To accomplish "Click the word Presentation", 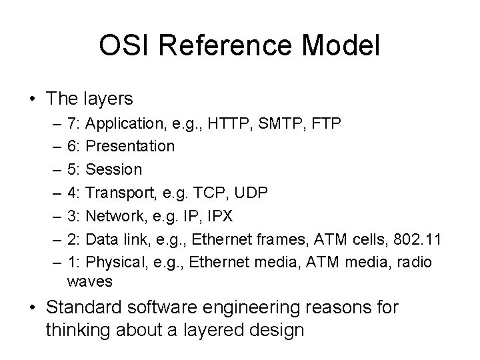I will tap(131, 146).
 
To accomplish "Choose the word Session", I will tap(115, 169).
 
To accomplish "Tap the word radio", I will tap(414, 262).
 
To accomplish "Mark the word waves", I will tap(90, 282).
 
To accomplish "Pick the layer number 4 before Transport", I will tap(71, 193).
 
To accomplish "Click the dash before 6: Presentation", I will tap(53, 146).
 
